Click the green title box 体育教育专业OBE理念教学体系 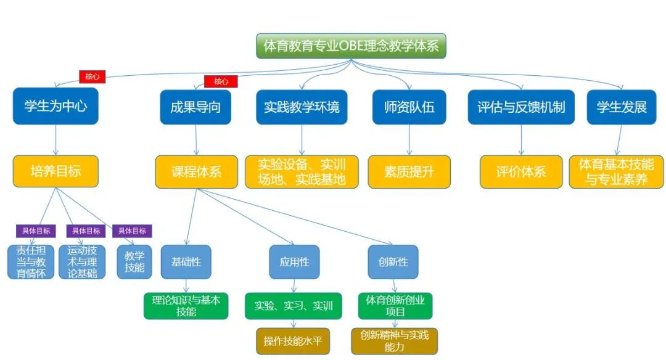[350, 46]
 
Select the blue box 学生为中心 [55, 107]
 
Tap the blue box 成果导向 [195, 107]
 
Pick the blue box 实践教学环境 [302, 107]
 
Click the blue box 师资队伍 [409, 107]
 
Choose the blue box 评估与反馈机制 [520, 107]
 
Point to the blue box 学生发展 [622, 107]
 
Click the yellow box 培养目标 [55, 171]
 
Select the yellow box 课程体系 [196, 171]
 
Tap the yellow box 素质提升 [409, 171]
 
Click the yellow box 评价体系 [521, 171]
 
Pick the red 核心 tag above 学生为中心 [92, 76]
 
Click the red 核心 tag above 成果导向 [221, 81]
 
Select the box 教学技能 [134, 261]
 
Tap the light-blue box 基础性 [186, 261]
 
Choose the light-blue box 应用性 [294, 261]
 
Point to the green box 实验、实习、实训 [294, 306]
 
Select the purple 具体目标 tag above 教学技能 [131, 231]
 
